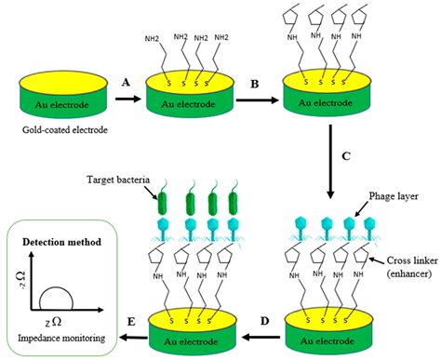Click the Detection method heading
click(x=59, y=239)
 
